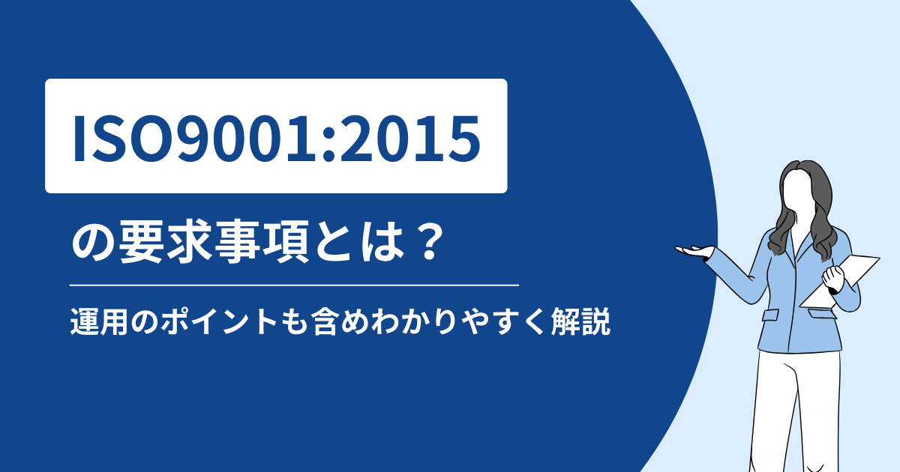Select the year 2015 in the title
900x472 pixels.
409,139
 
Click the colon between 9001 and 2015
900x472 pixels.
328,145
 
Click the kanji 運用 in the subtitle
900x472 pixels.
99,321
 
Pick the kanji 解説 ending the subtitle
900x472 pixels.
581,321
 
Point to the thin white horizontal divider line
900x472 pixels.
294,285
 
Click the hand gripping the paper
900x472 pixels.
833,278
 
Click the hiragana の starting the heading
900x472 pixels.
94,243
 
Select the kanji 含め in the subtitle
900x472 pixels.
340,321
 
